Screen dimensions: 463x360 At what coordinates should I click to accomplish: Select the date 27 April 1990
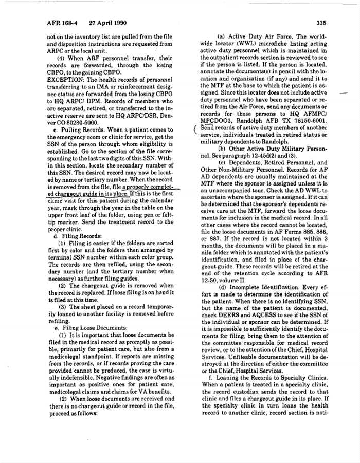pos(107,23)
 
